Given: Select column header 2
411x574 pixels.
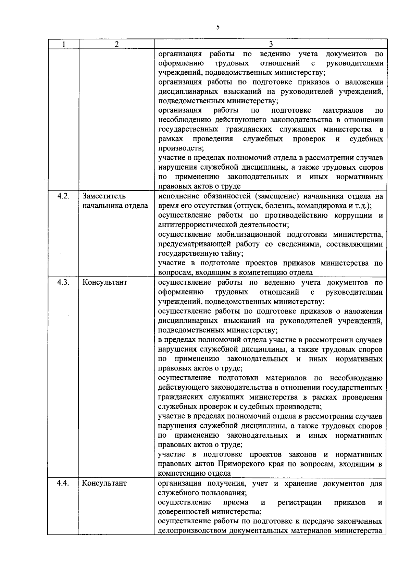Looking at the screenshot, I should [x=116, y=44].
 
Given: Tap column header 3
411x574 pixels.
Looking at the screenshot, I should [x=271, y=44].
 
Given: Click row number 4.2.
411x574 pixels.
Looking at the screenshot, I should [x=63, y=196].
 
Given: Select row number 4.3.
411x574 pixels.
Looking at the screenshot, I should [x=63, y=282].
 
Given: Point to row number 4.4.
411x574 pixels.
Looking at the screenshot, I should [x=63, y=483].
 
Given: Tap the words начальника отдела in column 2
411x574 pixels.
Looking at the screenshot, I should [x=115, y=206].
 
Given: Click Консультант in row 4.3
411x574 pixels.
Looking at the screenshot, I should [x=104, y=282].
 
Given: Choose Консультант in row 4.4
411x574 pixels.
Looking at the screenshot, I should [x=104, y=483].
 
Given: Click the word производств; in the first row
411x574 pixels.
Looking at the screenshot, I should [x=181, y=148].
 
